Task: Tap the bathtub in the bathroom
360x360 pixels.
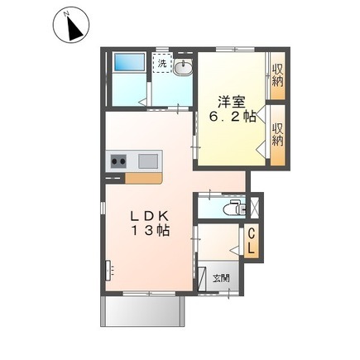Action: (x=130, y=62)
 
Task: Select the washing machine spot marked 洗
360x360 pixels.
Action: (x=162, y=63)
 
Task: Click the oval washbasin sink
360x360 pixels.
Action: (x=183, y=67)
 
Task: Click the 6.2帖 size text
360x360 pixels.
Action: (x=233, y=118)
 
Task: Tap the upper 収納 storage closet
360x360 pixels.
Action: (x=277, y=75)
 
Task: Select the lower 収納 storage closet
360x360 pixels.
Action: (x=277, y=135)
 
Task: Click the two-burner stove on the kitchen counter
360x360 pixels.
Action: (x=118, y=161)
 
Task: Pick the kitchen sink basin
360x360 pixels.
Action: (x=148, y=161)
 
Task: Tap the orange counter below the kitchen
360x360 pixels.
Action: (x=143, y=178)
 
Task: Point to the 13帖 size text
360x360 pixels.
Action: (x=151, y=231)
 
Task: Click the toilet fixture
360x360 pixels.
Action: (x=234, y=209)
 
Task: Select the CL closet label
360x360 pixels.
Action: (x=251, y=242)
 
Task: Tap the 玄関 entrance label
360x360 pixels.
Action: (x=221, y=278)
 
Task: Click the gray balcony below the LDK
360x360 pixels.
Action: (x=142, y=311)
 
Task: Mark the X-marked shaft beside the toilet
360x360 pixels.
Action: (x=254, y=207)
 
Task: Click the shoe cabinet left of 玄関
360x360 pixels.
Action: (x=202, y=279)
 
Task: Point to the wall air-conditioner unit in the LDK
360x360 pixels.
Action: (x=108, y=271)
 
